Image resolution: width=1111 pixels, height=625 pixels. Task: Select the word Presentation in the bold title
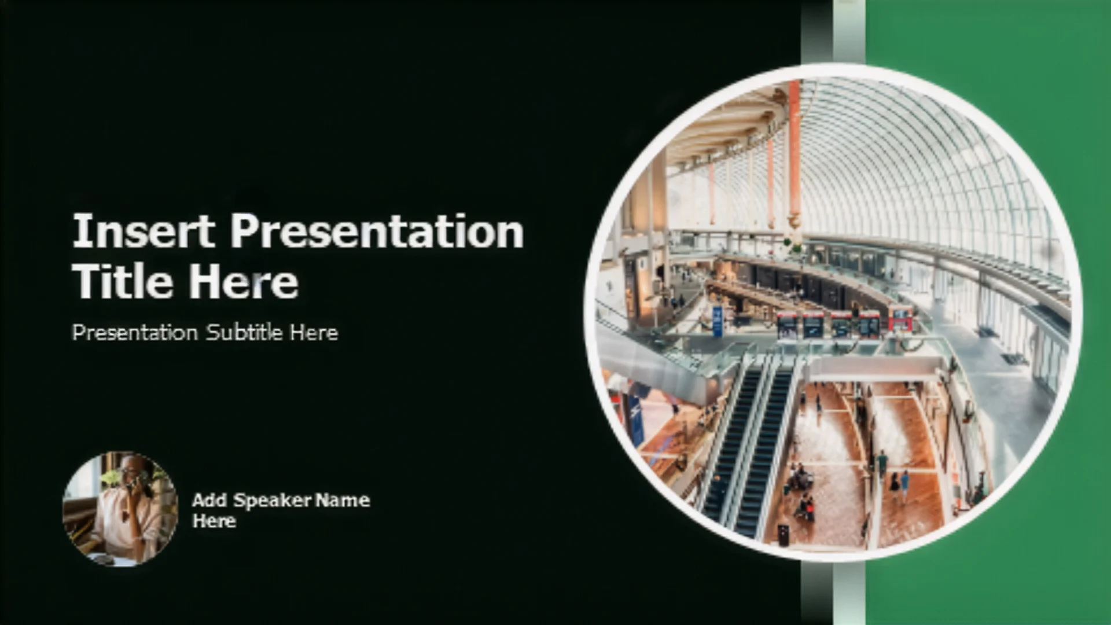pos(377,231)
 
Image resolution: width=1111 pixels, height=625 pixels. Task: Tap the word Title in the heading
pos(124,281)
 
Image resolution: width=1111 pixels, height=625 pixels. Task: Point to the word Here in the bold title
pos(244,281)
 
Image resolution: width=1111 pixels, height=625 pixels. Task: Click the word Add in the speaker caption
pos(209,500)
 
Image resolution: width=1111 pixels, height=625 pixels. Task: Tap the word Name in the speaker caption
pos(344,500)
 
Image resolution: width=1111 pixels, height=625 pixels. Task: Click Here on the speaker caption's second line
pos(214,521)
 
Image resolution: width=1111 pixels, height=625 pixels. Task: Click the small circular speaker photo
pos(120,509)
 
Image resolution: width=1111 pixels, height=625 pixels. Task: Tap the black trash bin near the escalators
pos(782,535)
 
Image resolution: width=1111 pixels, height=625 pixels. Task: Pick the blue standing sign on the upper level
pos(718,322)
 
